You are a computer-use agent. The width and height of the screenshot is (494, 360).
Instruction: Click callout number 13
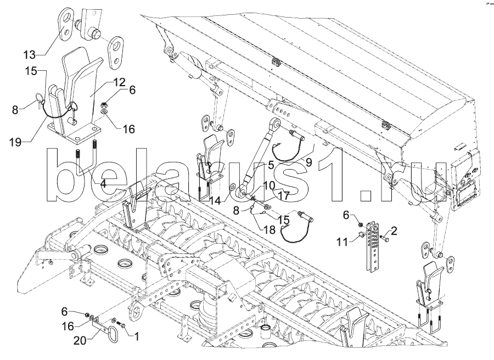pyautogui.click(x=29, y=55)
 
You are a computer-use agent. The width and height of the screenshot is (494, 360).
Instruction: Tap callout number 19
pyautogui.click(x=15, y=142)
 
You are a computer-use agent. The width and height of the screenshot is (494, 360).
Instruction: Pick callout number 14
pyautogui.click(x=216, y=201)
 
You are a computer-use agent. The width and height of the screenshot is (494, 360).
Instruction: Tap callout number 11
pyautogui.click(x=342, y=242)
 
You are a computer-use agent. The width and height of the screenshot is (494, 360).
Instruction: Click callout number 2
pyautogui.click(x=394, y=231)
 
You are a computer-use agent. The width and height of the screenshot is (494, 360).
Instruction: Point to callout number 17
pyautogui.click(x=283, y=196)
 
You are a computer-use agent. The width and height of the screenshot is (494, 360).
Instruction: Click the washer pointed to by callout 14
pyautogui.click(x=233, y=187)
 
